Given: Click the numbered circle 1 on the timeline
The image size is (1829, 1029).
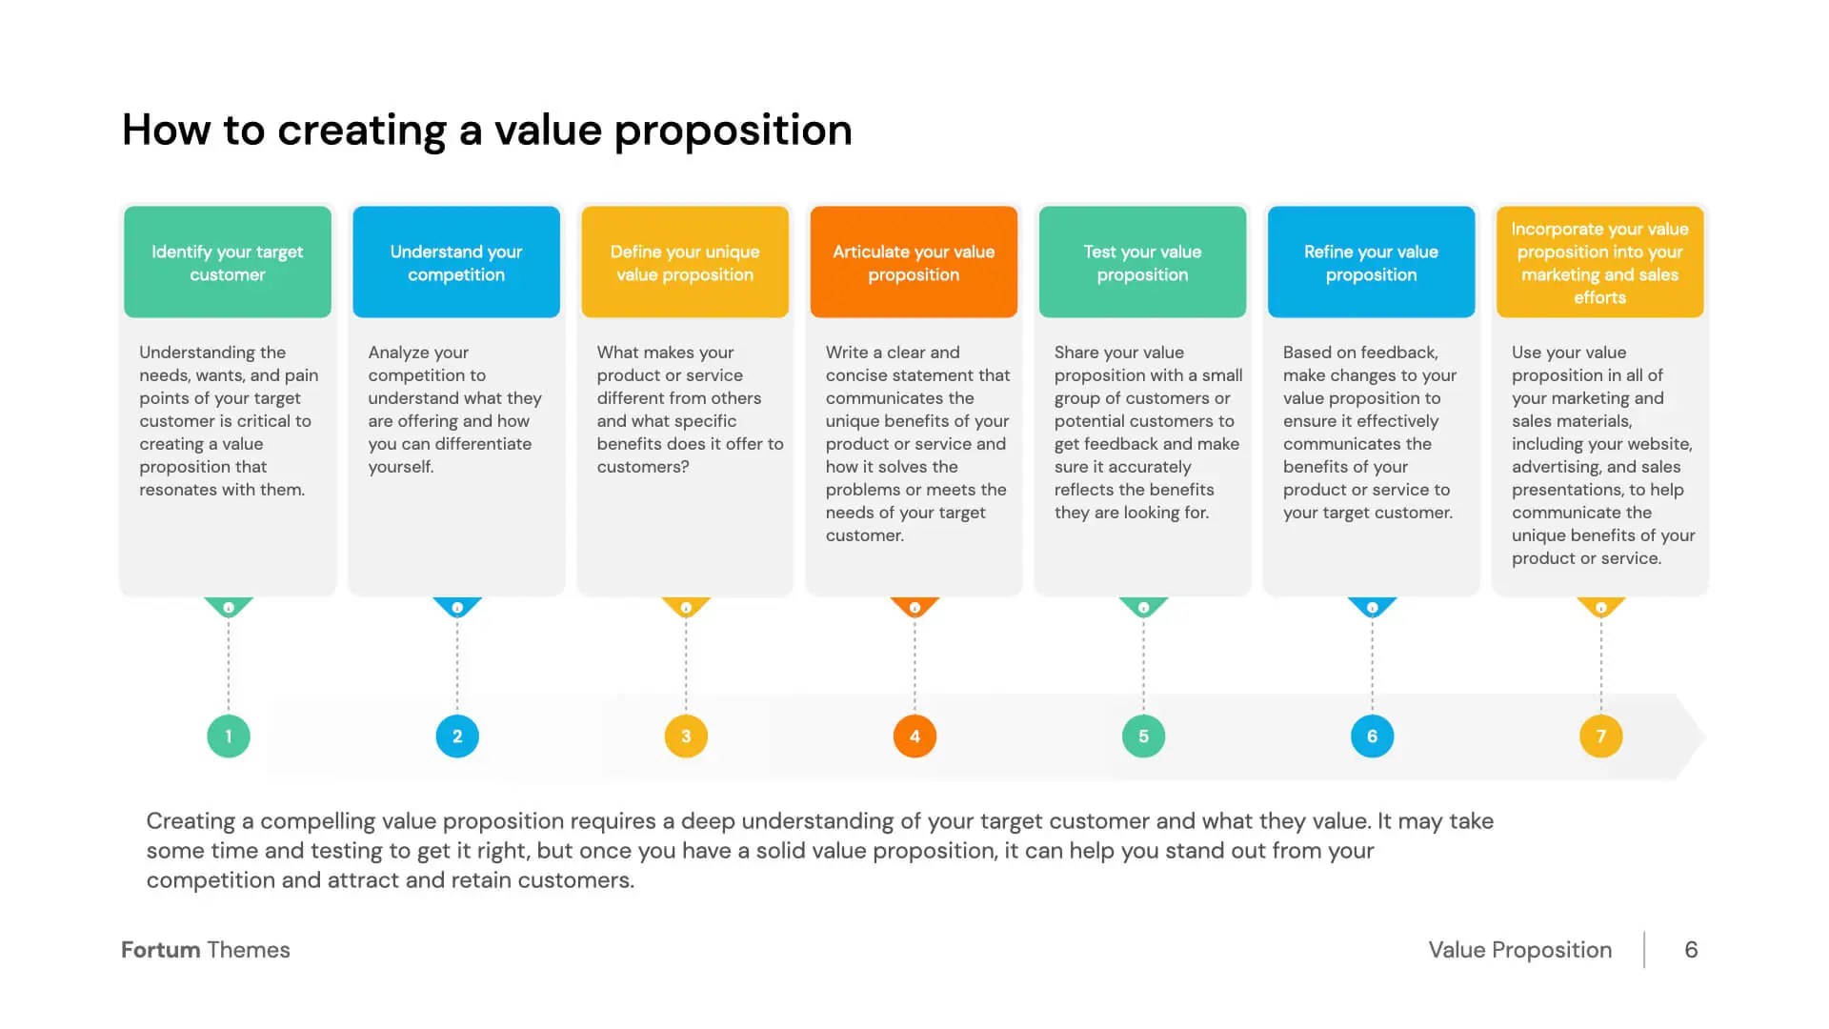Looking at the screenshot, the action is tap(229, 736).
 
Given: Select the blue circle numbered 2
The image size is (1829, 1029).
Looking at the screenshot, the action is tap(457, 736).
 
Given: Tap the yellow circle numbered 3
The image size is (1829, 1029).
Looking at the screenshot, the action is tap(686, 736).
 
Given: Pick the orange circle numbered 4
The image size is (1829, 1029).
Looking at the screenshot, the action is tap(914, 736).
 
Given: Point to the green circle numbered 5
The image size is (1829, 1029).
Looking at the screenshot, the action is tap(1143, 736).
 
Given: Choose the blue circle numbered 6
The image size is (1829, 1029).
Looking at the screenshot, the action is tap(1372, 736).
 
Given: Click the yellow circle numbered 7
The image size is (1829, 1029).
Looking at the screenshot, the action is tap(1600, 736).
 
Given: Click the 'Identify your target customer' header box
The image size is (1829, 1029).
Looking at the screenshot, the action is tap(228, 262).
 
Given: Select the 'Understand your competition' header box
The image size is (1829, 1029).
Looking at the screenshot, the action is tap(456, 262).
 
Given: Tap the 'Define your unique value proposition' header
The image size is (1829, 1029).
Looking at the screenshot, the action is tap(685, 262).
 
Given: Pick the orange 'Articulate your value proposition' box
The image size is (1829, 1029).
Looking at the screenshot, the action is tap(914, 262).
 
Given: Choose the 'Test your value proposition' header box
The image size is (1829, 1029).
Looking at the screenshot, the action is tap(1142, 262).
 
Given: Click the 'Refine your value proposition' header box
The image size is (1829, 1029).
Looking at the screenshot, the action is tap(1371, 262).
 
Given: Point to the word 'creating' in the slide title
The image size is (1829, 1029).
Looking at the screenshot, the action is tap(362, 131).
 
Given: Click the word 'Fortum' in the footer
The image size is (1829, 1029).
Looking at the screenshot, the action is tap(160, 950).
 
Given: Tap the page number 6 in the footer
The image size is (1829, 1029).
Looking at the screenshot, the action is tap(1691, 950).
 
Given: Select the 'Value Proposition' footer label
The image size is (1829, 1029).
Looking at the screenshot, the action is tap(1519, 950).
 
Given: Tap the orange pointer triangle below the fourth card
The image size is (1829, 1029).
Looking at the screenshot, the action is tap(914, 607).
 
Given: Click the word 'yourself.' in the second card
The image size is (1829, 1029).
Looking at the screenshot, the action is tap(401, 467).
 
